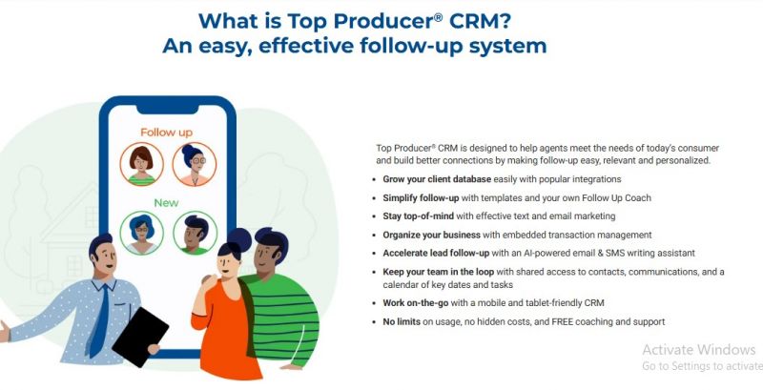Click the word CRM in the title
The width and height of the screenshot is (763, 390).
tap(481, 21)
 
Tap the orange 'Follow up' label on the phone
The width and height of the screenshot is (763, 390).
tap(166, 133)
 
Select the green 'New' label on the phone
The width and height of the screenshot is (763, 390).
tap(166, 203)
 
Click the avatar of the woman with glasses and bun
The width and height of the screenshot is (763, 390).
tap(195, 164)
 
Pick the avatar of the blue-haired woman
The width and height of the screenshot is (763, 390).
tap(141, 233)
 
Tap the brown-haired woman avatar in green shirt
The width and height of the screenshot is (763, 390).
tap(141, 164)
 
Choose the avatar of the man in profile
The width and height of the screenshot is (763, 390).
tap(196, 233)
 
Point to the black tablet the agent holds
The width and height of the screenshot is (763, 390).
tap(140, 337)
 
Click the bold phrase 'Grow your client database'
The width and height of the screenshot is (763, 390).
tap(437, 179)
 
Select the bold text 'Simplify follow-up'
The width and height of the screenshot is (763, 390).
tap(421, 198)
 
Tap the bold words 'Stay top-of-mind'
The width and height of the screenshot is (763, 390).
tap(418, 216)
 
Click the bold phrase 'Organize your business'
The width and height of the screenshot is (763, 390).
tap(432, 235)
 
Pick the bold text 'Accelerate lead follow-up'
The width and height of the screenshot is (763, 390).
tap(436, 253)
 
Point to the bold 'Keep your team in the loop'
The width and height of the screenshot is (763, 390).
tap(439, 272)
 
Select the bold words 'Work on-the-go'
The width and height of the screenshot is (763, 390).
tap(416, 303)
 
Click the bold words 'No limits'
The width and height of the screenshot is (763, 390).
tap(402, 321)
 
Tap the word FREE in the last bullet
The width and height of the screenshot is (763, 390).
tap(563, 321)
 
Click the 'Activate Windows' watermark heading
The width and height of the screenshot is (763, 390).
tap(699, 350)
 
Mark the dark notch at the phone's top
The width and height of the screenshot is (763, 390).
tap(168, 107)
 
